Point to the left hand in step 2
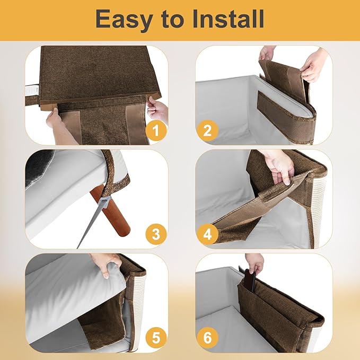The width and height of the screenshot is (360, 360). (267, 53)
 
